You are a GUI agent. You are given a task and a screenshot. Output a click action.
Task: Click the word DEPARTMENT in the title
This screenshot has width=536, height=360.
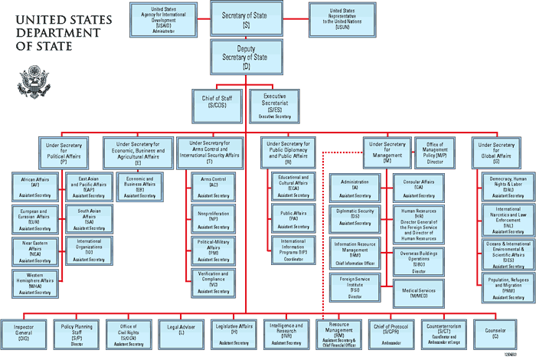click(x=47, y=33)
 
